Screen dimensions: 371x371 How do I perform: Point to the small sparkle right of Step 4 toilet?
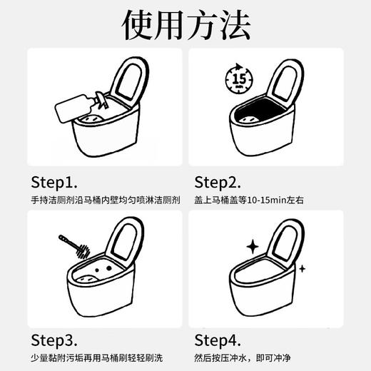[x=302, y=269]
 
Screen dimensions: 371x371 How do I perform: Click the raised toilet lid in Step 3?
[x=126, y=240]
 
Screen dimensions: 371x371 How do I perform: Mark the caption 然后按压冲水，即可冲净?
[x=253, y=357]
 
